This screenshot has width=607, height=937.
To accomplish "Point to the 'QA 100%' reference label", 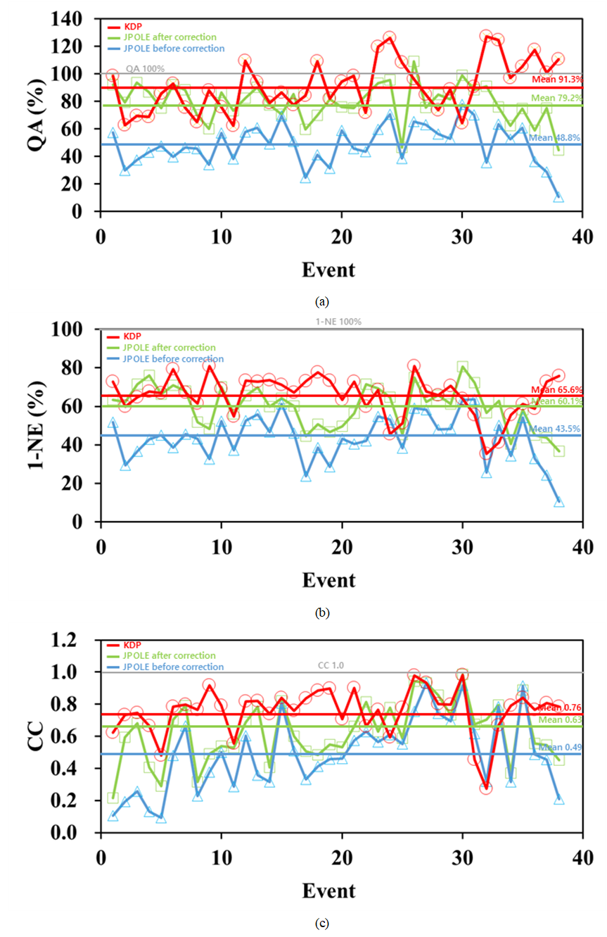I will click(x=145, y=69).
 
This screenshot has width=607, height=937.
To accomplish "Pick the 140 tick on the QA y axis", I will click(x=78, y=19).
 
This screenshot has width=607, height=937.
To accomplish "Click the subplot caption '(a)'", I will click(x=321, y=301).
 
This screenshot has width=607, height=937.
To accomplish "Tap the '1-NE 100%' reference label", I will click(x=339, y=322).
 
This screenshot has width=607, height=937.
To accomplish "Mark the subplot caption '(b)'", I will click(x=321, y=612).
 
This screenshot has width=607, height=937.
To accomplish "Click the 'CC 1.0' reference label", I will click(x=329, y=665).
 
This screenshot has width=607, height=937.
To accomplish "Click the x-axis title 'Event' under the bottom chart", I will click(x=328, y=891).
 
